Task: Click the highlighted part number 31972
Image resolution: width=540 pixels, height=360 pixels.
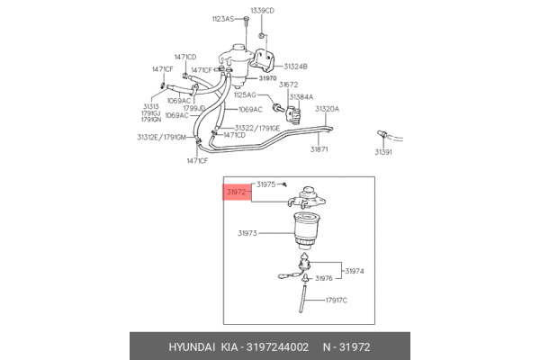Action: pos(236,192)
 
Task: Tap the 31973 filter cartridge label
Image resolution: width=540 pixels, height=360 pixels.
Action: pos(247,233)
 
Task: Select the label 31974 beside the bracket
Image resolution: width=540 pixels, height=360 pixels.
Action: pos(355,271)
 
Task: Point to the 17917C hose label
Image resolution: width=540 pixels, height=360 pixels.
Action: pos(337,301)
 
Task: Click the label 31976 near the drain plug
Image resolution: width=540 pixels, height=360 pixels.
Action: pos(324,278)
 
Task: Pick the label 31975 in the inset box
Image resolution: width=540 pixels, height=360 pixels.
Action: pos(265,184)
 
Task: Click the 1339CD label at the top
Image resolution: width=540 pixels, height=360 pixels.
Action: pos(263,11)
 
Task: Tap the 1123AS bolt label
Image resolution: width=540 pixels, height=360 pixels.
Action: pos(223,19)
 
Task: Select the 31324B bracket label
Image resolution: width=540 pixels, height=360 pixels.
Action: pos(295,67)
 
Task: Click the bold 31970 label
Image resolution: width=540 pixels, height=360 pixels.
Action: pos(267,78)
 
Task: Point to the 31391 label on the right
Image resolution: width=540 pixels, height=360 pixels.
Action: pos(383,152)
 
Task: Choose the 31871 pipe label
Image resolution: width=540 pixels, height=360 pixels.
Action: pos(319,149)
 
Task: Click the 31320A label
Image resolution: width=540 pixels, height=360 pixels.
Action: pos(327,109)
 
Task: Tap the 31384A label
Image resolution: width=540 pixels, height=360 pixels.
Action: pos(301,97)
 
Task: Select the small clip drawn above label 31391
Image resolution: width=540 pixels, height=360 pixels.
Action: pos(382,134)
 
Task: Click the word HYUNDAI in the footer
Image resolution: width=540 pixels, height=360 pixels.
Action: pos(192,346)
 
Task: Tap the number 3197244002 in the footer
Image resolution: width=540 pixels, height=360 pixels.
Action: pos(277,346)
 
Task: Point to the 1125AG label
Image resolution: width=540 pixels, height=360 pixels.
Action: pos(245,94)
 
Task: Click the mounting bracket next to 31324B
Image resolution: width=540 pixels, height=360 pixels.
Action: pos(263,60)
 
